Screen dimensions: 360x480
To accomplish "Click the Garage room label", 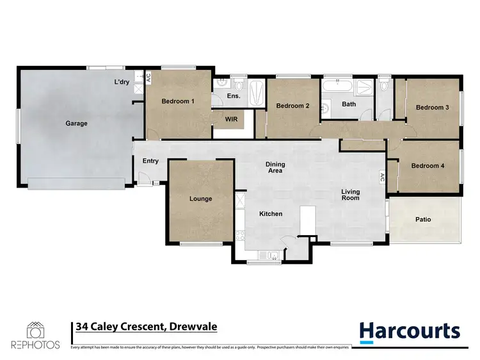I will (x=76, y=124).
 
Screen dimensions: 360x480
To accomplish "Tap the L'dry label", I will (x=122, y=82).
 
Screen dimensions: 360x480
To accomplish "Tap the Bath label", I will (x=349, y=104).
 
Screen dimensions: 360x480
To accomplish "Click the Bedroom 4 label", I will (x=428, y=166).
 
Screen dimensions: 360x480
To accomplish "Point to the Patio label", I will (x=423, y=220).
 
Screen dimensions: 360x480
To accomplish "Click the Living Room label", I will (x=350, y=195).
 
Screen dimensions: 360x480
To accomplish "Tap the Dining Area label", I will (x=275, y=168).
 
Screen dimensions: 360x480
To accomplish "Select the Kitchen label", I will (x=271, y=214).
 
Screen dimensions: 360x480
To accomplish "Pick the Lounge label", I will (x=200, y=199).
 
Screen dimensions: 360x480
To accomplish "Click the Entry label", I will (x=150, y=161).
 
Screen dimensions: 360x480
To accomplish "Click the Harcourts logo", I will (x=410, y=331).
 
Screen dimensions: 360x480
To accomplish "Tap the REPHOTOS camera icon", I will (x=35, y=330).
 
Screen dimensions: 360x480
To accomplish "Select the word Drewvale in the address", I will (x=193, y=327).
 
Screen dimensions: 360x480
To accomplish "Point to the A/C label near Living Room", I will (x=382, y=177).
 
